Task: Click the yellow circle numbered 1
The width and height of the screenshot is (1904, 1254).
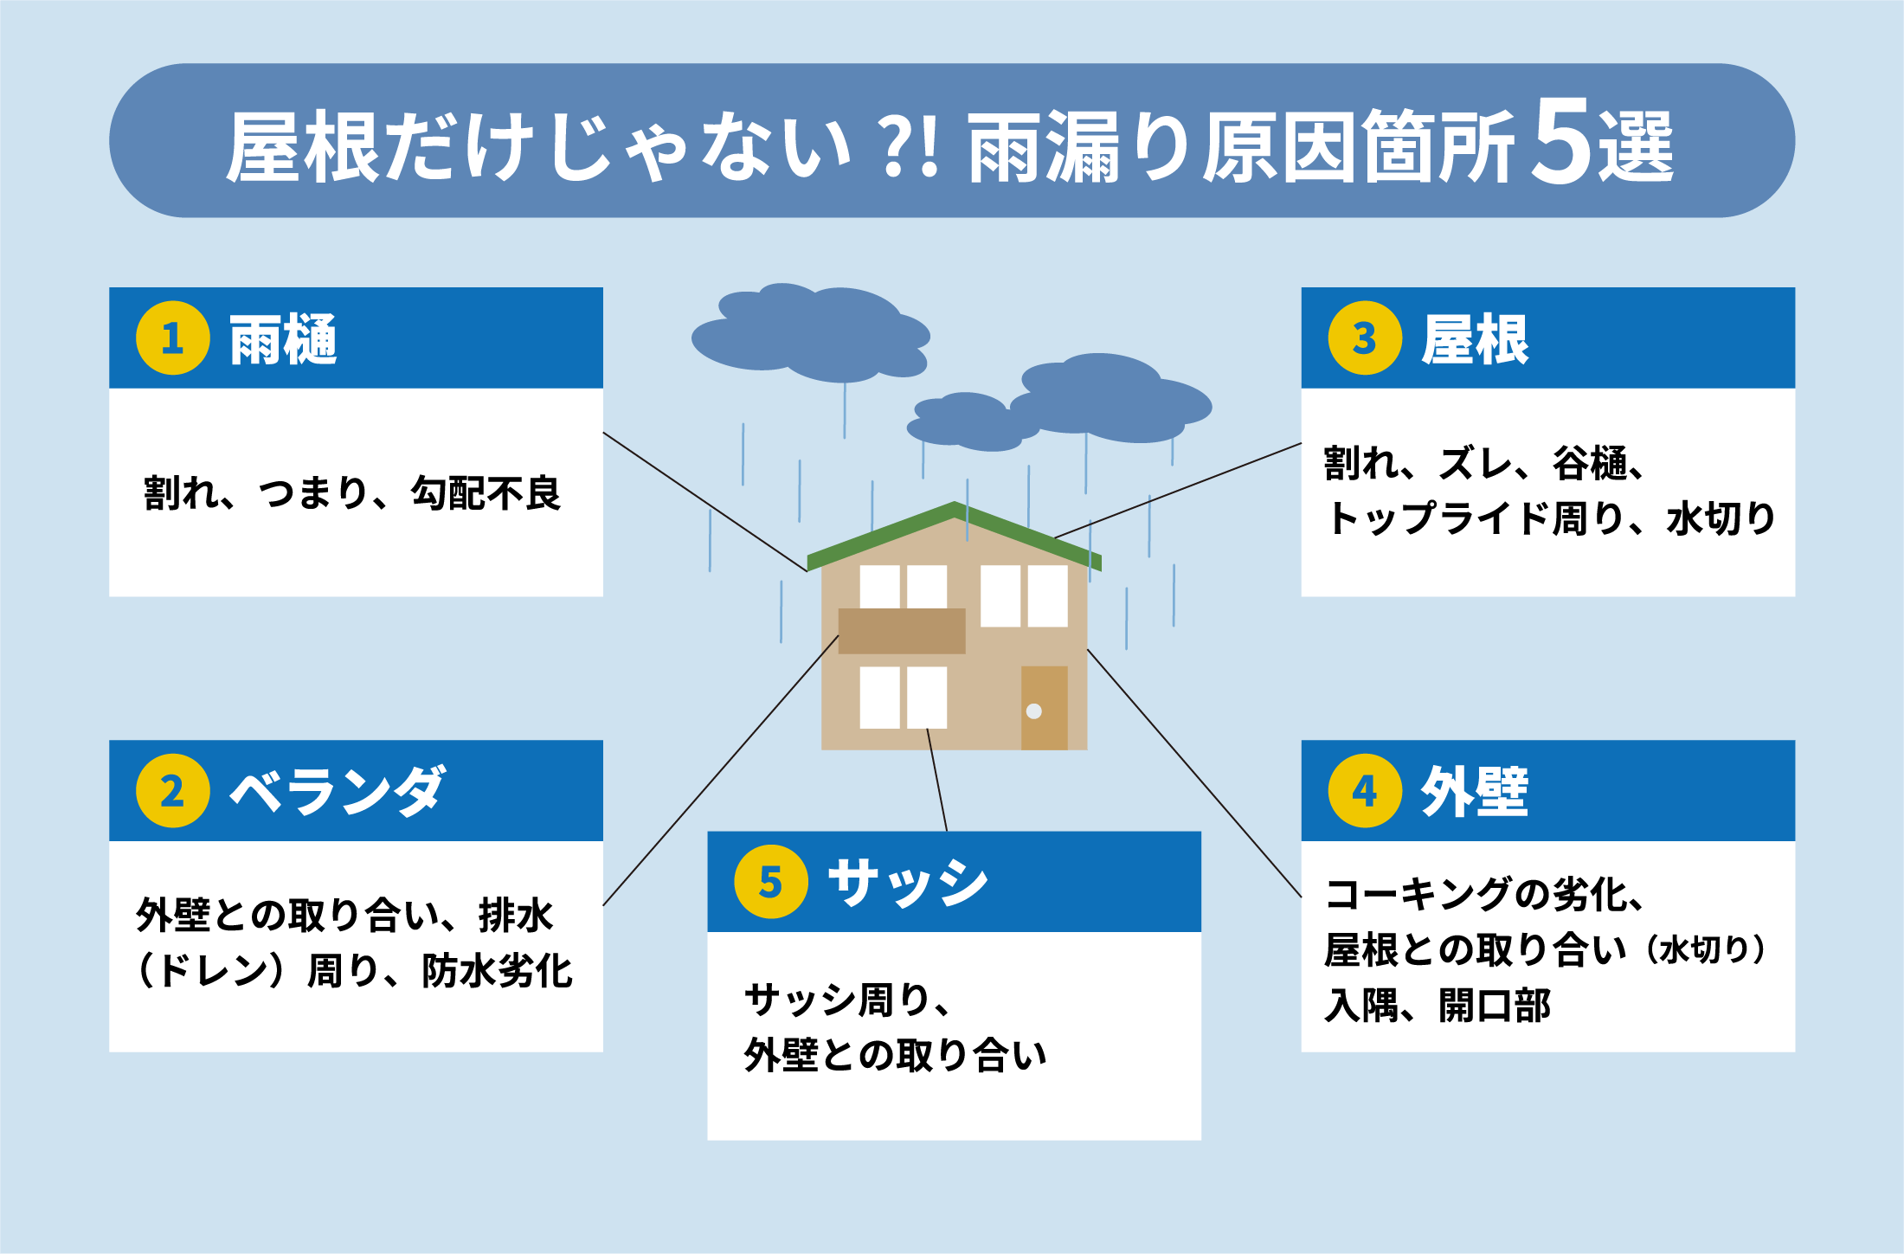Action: [x=172, y=338]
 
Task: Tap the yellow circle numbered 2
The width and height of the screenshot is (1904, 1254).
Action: [x=172, y=791]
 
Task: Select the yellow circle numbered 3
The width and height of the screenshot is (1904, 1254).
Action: [x=1365, y=338]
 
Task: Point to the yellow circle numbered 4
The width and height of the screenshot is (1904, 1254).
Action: [x=1365, y=791]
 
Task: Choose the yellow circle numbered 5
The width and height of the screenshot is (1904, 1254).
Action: [x=770, y=882]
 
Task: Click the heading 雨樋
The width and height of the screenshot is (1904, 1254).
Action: [x=283, y=339]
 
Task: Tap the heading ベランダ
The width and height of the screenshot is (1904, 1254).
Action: [x=338, y=791]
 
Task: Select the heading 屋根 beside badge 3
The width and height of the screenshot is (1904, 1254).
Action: [x=1475, y=339]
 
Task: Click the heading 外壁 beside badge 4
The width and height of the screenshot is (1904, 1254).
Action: [x=1475, y=791]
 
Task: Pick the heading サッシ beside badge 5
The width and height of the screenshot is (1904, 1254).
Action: [x=907, y=883]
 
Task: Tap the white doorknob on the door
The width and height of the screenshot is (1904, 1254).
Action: [x=1033, y=711]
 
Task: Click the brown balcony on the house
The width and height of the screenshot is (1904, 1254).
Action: [x=902, y=630]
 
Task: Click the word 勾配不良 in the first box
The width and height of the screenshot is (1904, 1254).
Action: [x=486, y=493]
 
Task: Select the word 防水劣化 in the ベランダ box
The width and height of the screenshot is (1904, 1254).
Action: [x=498, y=970]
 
